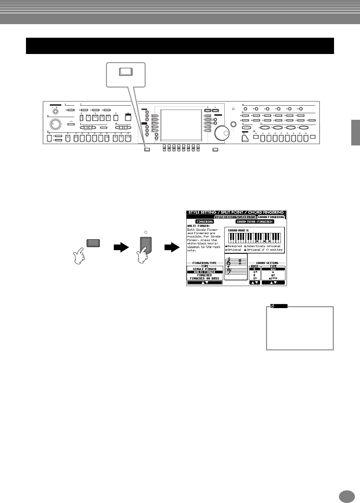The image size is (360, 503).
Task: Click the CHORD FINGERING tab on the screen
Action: click(x=271, y=217)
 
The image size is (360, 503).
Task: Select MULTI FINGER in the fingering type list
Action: click(x=205, y=272)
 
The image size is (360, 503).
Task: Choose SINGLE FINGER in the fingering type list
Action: click(x=205, y=269)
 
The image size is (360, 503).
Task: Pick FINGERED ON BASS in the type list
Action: click(x=205, y=278)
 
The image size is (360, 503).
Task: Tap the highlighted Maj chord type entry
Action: click(x=273, y=269)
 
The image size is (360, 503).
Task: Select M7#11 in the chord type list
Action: click(x=273, y=278)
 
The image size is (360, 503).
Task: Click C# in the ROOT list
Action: click(x=255, y=272)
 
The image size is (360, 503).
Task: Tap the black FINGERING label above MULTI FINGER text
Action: click(x=205, y=221)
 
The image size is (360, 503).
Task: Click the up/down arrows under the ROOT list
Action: click(x=255, y=283)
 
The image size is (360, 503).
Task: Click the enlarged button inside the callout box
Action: click(x=125, y=72)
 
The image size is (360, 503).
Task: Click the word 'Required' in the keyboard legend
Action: click(x=235, y=246)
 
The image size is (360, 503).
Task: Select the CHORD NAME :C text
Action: click(x=238, y=231)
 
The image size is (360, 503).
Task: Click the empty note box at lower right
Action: click(x=300, y=328)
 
